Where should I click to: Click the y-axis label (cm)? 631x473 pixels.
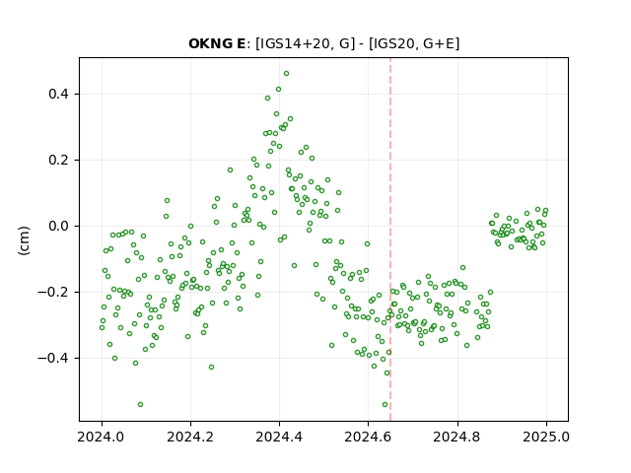click(24, 240)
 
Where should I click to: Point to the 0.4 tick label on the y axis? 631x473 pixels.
click(59, 95)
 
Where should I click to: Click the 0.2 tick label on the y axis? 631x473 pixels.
click(59, 160)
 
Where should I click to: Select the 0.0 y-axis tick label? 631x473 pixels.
click(59, 226)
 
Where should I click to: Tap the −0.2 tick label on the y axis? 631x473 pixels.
click(53, 292)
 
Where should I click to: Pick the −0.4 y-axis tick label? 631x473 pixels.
click(53, 358)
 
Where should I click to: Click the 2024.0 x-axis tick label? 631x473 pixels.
click(102, 437)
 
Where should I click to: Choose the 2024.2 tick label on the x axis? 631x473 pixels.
click(190, 437)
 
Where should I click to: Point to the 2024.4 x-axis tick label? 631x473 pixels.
click(279, 437)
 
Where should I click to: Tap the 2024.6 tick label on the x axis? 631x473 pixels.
click(368, 437)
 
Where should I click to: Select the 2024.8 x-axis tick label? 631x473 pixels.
click(457, 437)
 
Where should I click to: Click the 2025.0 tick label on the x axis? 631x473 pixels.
click(546, 437)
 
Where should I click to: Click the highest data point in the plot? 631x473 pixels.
click(286, 74)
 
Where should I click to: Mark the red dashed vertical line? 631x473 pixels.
click(390, 239)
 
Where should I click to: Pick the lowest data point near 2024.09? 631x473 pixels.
click(140, 405)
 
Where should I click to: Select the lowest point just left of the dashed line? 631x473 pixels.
click(385, 405)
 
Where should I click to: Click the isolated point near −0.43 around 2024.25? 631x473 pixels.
click(211, 368)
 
